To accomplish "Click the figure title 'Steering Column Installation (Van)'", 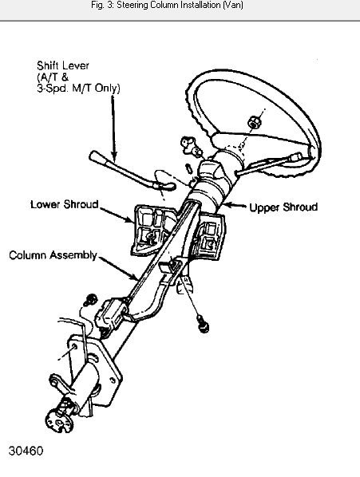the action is coord(180,5).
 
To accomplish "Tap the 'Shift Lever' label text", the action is coord(63,65).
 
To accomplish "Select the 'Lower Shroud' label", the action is coord(65,204).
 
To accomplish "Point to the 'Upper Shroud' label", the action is coord(283,207).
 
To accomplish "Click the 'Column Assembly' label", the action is coord(53,255).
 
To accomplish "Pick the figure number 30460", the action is coord(26,451).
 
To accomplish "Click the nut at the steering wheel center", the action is coord(254,122).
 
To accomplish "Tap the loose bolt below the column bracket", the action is coord(203,324).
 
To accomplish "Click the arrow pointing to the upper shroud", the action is coord(235,206).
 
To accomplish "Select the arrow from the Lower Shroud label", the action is coord(117,215).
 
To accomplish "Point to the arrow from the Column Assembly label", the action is coord(118,269).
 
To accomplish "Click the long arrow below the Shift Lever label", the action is coord(113,128).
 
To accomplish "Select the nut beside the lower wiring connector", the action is coord(91,300).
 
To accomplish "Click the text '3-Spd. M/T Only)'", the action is coord(78,88).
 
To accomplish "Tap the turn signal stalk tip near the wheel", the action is coord(296,157).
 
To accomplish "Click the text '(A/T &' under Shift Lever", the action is coord(53,77).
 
